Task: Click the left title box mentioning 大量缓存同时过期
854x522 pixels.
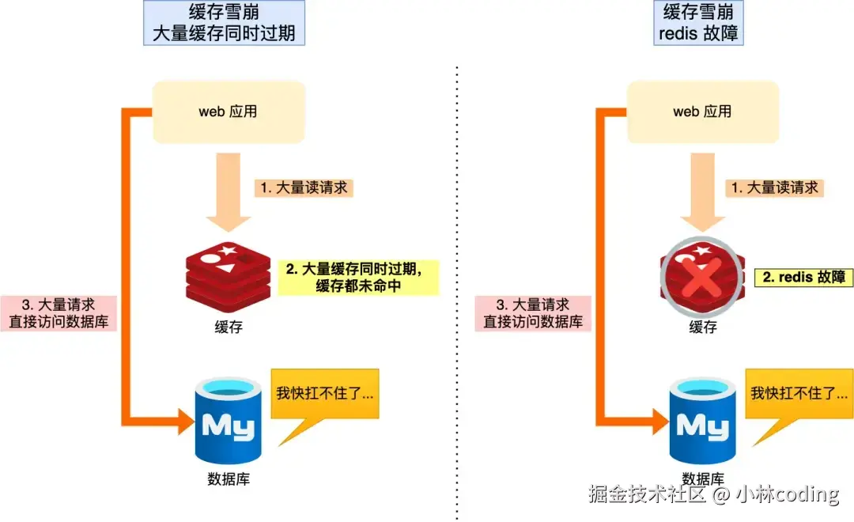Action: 224,23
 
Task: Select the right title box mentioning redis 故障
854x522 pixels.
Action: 698,23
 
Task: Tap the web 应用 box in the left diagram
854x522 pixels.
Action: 228,112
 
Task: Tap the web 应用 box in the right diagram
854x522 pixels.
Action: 702,112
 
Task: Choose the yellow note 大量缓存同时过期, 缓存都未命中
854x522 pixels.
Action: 357,277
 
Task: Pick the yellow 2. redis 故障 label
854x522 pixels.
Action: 807,277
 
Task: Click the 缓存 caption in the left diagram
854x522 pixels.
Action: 228,327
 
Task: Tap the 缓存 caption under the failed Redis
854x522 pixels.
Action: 702,327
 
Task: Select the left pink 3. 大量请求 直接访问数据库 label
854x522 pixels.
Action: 59,313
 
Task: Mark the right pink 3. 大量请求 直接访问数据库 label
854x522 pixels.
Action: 533,313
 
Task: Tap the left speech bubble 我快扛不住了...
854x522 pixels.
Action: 325,394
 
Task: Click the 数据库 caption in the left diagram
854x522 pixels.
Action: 228,479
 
